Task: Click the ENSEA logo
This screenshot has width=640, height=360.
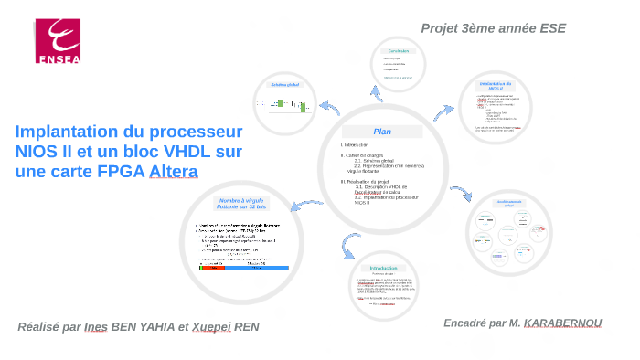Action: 59,42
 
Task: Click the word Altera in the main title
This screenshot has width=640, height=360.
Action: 174,172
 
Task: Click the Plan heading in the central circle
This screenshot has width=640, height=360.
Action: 382,132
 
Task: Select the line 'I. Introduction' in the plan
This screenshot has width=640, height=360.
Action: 355,145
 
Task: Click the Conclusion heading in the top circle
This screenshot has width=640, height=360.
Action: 399,51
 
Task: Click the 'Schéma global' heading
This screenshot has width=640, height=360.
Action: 285,85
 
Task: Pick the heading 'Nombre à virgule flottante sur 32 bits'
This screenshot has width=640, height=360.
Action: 241,205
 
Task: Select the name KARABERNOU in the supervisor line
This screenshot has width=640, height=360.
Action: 563,323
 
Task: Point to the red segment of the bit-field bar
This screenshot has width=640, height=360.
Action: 211,269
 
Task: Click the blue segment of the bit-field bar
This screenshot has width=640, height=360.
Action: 257,269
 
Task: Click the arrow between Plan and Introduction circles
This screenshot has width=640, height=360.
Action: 347,244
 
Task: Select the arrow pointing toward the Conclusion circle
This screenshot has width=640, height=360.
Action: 374,94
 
